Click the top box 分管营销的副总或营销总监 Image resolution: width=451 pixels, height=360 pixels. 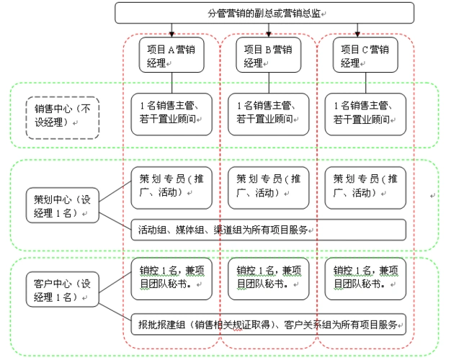[x=264, y=13]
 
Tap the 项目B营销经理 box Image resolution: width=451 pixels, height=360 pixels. [x=267, y=55]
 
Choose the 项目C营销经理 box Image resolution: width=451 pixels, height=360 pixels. [x=365, y=55]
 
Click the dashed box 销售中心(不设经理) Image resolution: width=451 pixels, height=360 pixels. [x=61, y=116]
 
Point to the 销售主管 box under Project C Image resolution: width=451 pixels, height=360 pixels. [x=365, y=114]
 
